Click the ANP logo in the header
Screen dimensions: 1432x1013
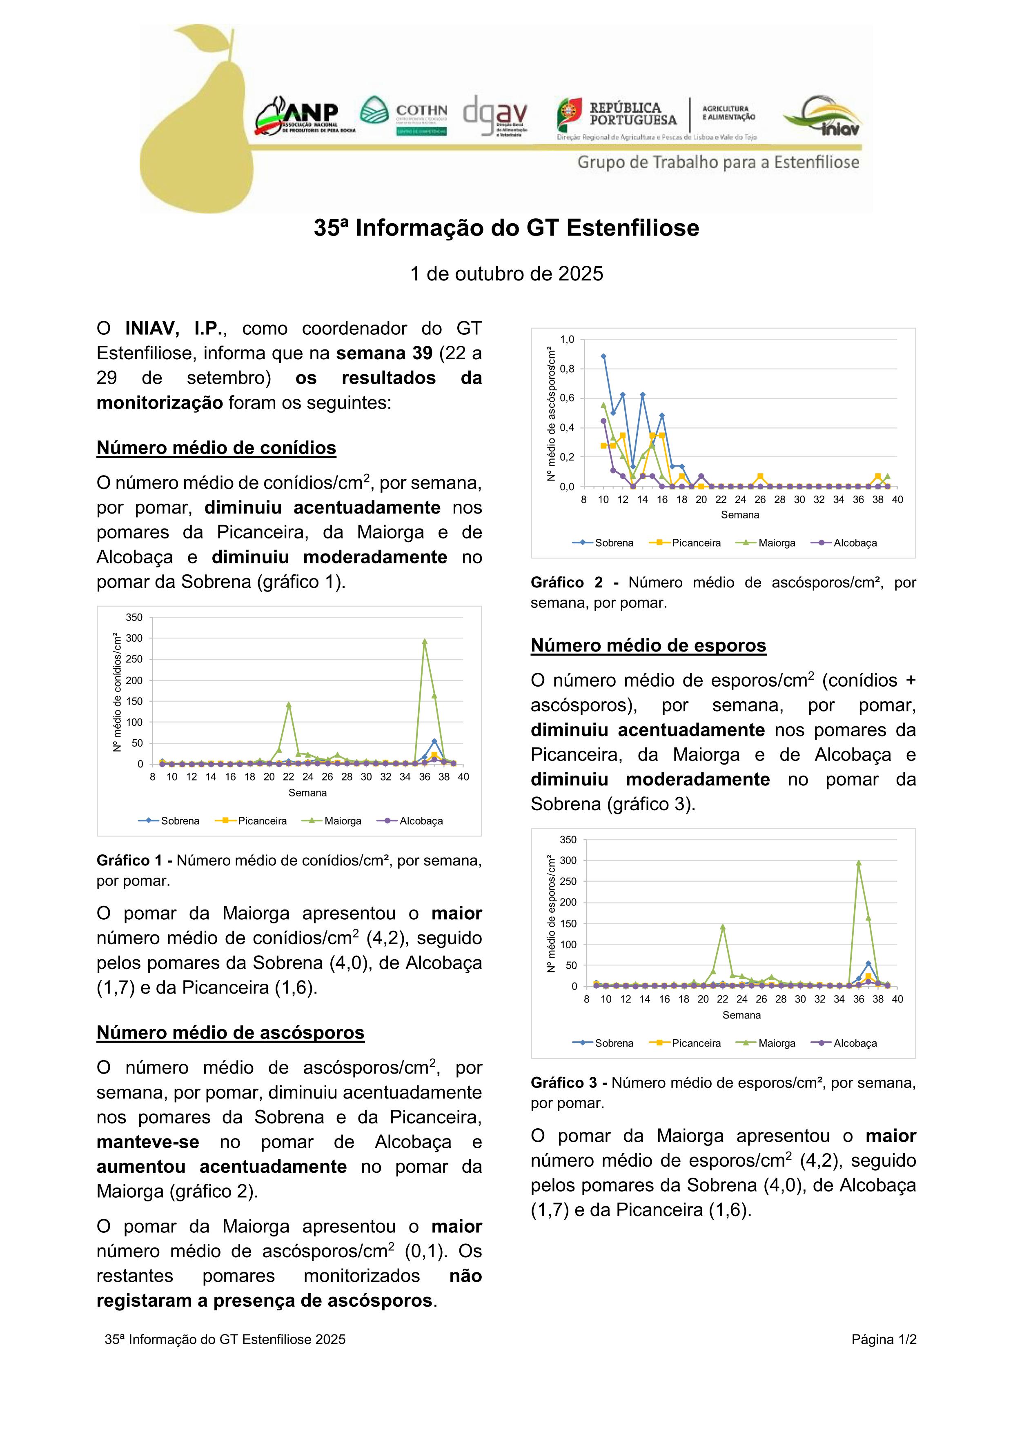(305, 117)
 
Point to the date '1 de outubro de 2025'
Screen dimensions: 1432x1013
(506, 274)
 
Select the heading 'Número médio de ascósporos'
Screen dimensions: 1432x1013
(230, 1032)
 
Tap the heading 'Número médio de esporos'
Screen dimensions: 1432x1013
(648, 645)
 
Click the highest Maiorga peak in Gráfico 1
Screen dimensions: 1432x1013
(425, 641)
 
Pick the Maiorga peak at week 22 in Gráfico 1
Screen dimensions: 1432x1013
(289, 705)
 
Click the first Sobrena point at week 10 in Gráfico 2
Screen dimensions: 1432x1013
(603, 356)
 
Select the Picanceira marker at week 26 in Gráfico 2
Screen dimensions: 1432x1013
(760, 476)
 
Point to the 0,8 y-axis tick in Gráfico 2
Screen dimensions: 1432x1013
(566, 369)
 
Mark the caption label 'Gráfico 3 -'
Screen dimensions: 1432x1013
(569, 1083)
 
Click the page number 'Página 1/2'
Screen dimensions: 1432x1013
(883, 1339)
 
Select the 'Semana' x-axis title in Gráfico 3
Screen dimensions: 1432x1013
(741, 1015)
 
